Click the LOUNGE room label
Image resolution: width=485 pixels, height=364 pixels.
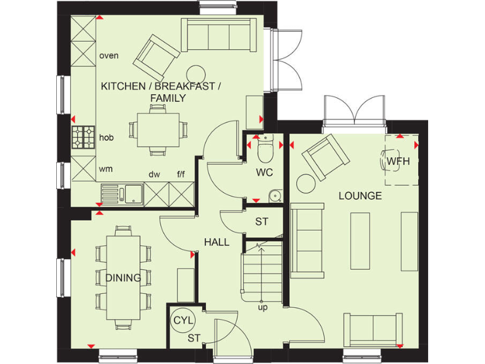[x=360, y=196]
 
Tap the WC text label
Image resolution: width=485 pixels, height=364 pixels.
[x=263, y=173]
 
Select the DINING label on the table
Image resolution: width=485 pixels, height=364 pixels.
[x=123, y=278]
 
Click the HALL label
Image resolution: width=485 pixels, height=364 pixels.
[x=216, y=242]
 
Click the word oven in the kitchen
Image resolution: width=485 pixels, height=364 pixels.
[x=109, y=56]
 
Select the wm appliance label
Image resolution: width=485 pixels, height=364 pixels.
[x=105, y=169]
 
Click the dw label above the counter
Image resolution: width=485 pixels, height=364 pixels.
[x=153, y=174]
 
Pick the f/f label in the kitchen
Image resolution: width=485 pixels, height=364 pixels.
[x=183, y=174]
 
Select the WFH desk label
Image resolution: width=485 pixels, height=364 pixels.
[x=398, y=161]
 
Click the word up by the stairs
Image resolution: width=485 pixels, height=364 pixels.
[x=262, y=308]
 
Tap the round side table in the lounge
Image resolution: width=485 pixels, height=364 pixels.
[x=306, y=183]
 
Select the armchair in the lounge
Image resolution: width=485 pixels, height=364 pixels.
[x=325, y=155]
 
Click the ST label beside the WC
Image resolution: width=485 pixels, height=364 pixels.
[x=261, y=222]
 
